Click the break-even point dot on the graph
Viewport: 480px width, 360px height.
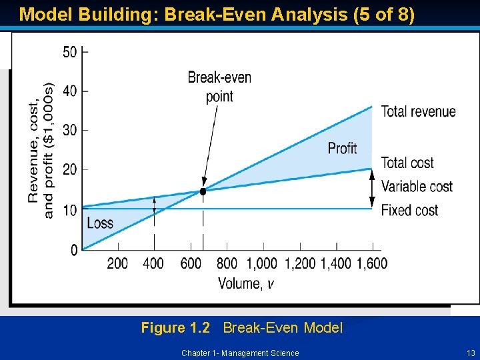[x=203, y=191]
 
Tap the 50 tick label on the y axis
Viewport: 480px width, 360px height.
[x=70, y=51]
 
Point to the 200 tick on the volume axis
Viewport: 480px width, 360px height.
[x=117, y=263]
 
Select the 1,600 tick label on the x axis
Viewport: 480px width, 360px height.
[x=372, y=263]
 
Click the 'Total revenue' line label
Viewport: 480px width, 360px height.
[x=418, y=111]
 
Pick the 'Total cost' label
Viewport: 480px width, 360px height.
[x=407, y=163]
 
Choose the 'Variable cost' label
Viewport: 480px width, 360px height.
[x=417, y=186]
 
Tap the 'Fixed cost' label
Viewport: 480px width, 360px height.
[x=409, y=210]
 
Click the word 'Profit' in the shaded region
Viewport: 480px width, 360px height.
[x=342, y=147]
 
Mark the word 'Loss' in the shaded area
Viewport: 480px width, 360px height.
[x=100, y=223]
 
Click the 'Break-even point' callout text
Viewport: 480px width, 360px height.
[x=219, y=87]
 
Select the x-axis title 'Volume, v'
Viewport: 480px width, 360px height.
[x=245, y=283]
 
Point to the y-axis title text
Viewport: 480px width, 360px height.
[x=41, y=150]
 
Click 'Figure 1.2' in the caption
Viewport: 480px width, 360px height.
[x=175, y=327]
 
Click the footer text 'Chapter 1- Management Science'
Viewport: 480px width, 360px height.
[x=240, y=353]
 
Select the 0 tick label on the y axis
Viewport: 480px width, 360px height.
[x=75, y=250]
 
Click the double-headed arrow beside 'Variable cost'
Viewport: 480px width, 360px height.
[x=372, y=189]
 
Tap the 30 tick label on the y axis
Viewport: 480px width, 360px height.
[x=70, y=130]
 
